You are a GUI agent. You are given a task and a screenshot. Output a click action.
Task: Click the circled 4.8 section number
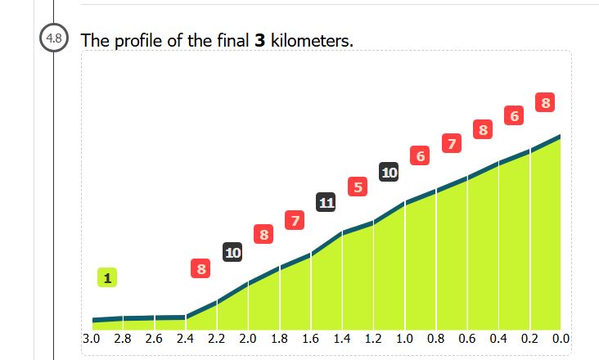55,38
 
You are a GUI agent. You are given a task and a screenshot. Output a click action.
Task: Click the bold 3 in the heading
260,40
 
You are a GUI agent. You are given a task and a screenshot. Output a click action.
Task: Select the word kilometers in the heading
312,40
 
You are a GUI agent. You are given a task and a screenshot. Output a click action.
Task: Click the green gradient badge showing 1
106,278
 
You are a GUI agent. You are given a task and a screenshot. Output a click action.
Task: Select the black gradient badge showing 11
326,202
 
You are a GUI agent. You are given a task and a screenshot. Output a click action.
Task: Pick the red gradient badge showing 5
357,187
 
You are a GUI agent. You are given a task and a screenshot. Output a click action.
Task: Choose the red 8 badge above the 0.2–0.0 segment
546,103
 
